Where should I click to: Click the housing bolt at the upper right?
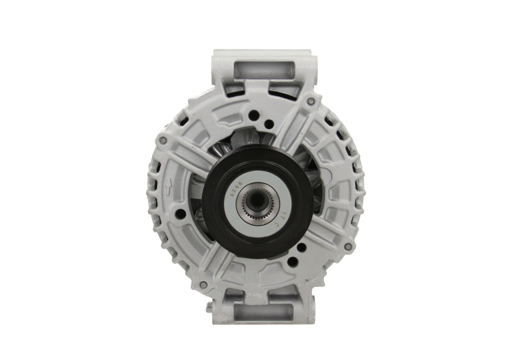(x=311, y=101)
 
